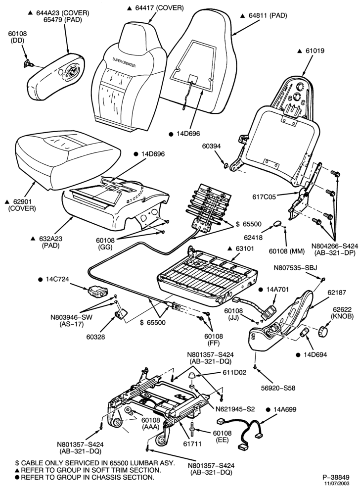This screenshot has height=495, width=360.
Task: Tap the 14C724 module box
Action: [x=98, y=291]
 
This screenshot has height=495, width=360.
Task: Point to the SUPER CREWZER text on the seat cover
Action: [x=124, y=62]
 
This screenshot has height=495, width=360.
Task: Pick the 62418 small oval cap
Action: [x=276, y=224]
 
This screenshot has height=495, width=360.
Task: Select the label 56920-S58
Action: [x=278, y=388]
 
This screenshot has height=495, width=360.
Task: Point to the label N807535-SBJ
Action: [x=296, y=268]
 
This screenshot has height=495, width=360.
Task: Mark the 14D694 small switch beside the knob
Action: [x=304, y=332]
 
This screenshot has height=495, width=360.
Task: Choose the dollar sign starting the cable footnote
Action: [x=17, y=463]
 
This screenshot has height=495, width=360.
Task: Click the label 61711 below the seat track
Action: [x=192, y=444]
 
